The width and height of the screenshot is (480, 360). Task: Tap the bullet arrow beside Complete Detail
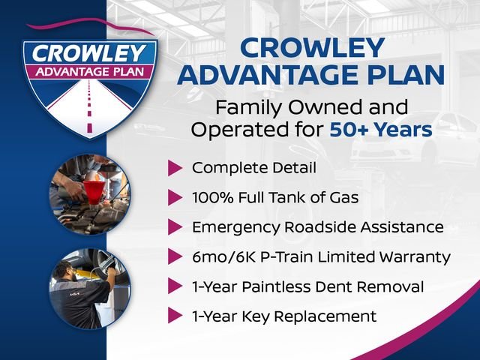[175, 168]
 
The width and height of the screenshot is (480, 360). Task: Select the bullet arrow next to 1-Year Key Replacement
[175, 316]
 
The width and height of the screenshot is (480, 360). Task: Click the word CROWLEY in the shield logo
[89, 53]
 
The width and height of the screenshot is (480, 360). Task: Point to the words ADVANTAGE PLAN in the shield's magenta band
[90, 72]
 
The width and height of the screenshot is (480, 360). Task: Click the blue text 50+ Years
[381, 130]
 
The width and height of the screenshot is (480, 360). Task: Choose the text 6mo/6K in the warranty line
[224, 257]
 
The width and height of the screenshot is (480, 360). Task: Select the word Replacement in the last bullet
[325, 316]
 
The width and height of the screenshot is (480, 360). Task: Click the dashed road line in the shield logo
[89, 106]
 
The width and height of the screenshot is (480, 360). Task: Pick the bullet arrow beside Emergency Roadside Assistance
[175, 227]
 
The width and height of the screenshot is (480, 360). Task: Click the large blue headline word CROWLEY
[312, 48]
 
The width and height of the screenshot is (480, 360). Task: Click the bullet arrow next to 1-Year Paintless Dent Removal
[175, 286]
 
